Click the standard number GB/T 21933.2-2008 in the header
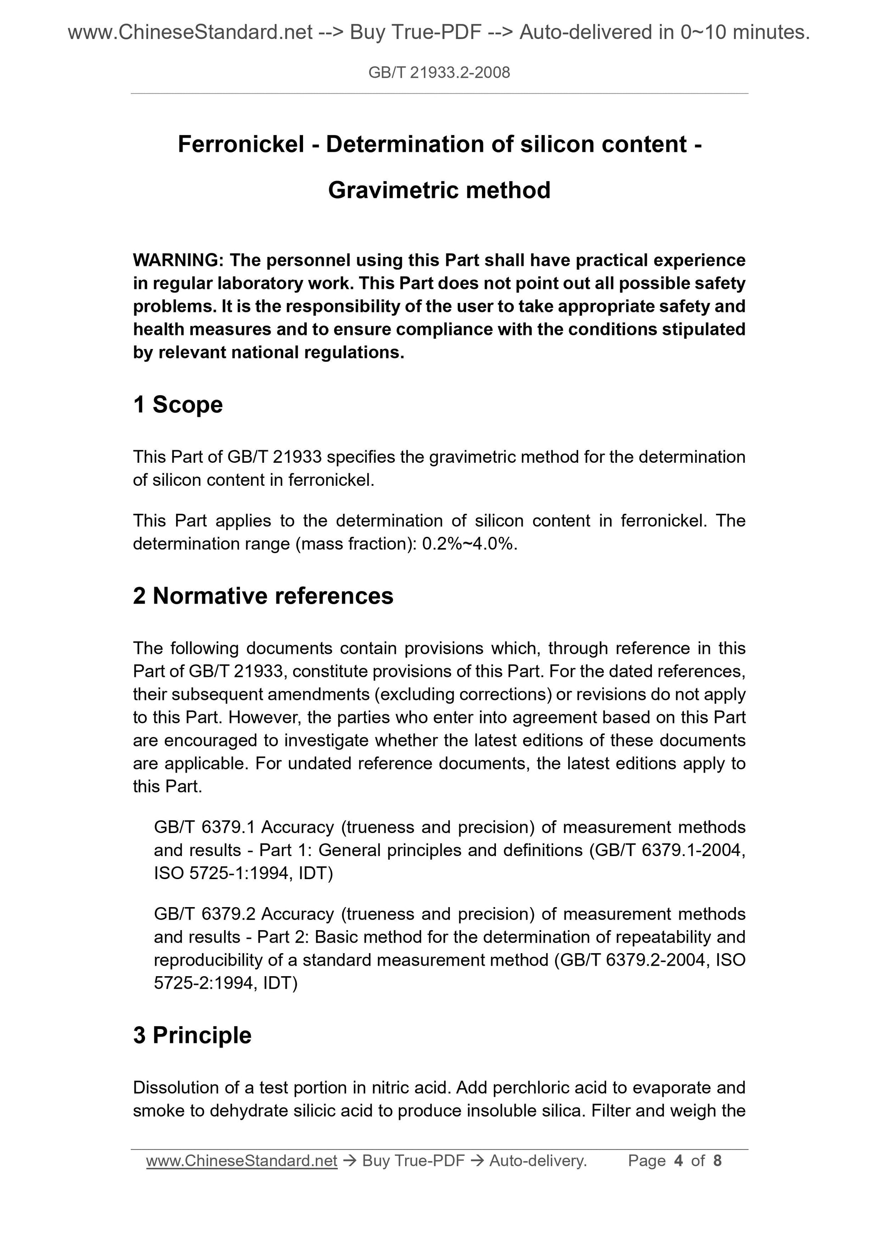[439, 73]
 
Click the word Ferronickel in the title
[241, 144]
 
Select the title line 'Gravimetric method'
[439, 191]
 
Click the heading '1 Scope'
[178, 405]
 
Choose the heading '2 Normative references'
[263, 596]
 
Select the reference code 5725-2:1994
[204, 982]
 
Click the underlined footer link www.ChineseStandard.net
[242, 1160]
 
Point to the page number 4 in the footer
[678, 1160]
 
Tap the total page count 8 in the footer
[718, 1160]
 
